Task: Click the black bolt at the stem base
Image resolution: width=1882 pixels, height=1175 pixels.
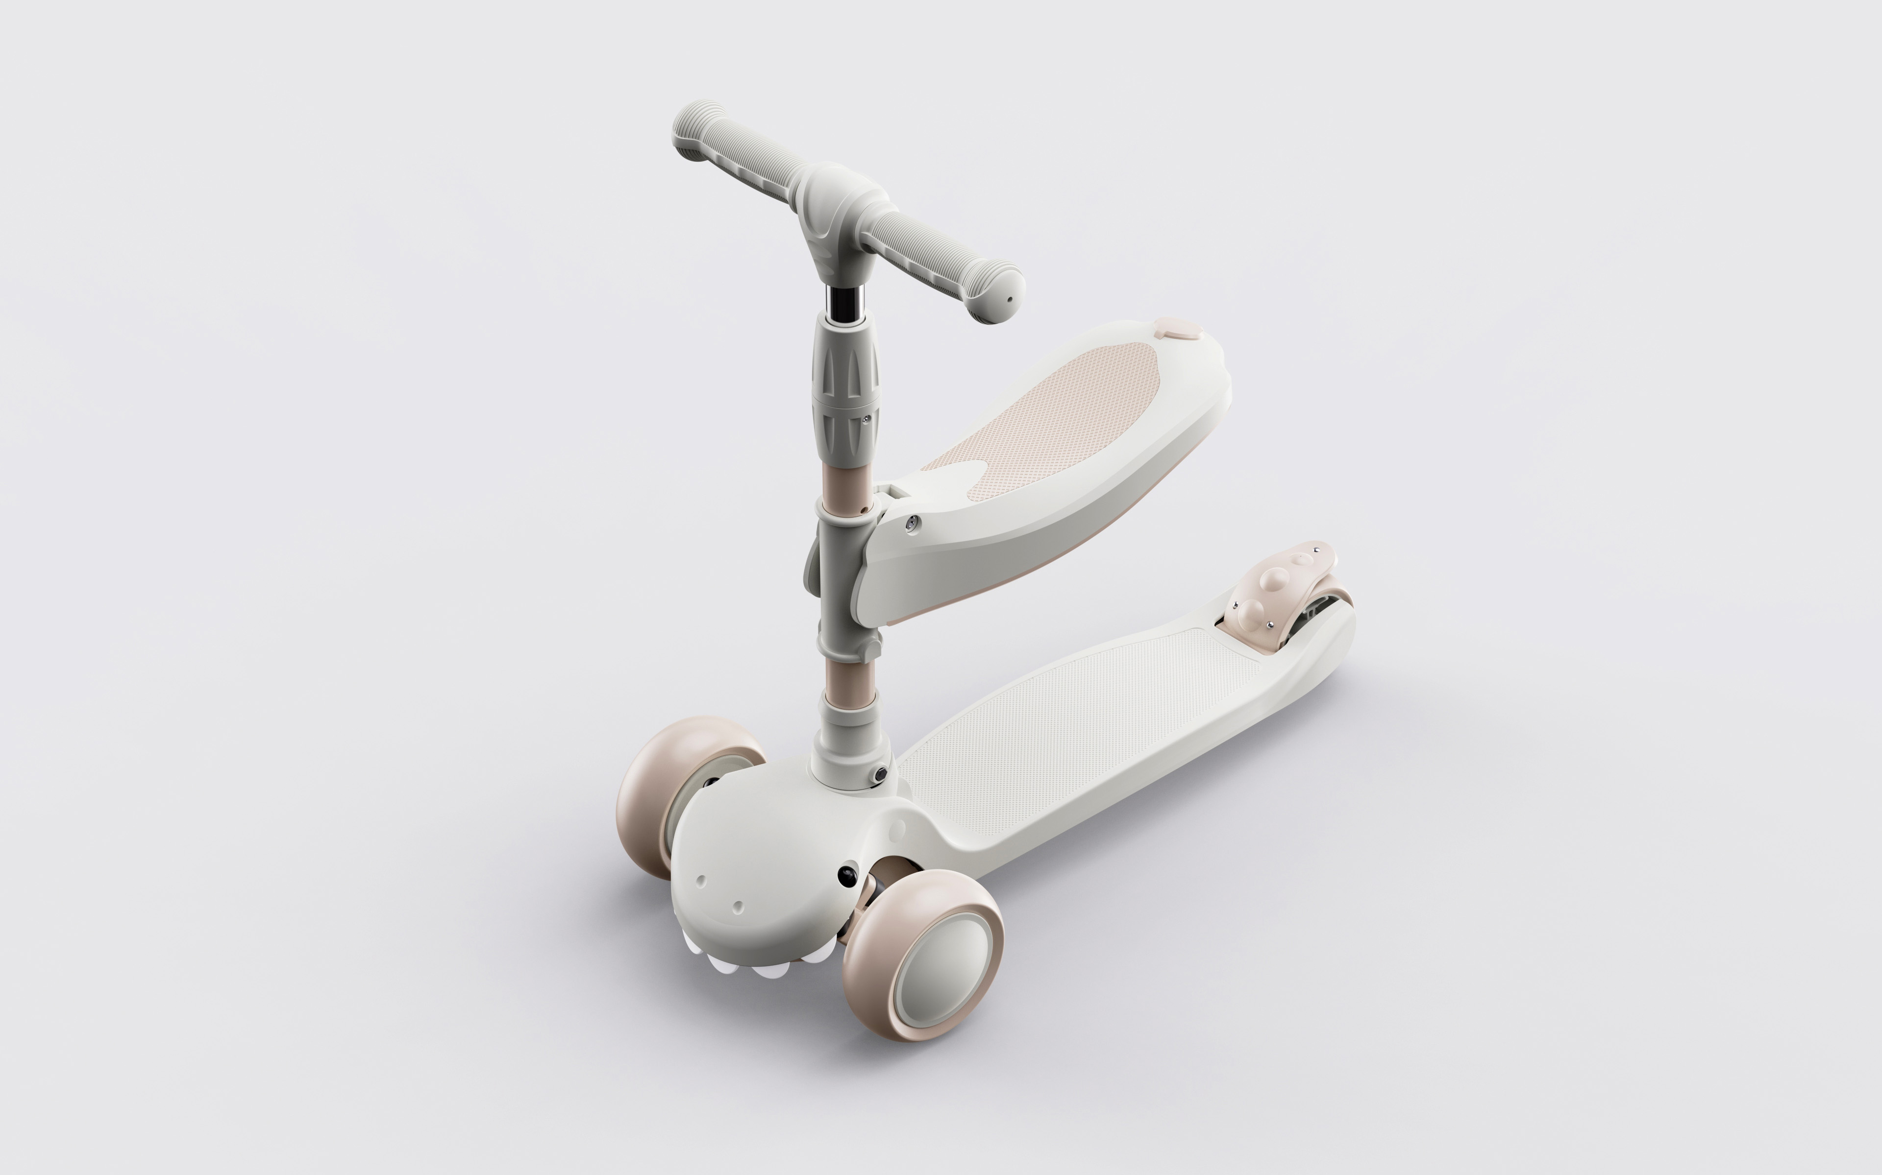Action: pyautogui.click(x=880, y=775)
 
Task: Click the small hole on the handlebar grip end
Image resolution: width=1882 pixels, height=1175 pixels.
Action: pyautogui.click(x=1011, y=298)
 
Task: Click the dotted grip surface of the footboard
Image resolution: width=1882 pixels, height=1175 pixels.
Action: pyautogui.click(x=1089, y=730)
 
